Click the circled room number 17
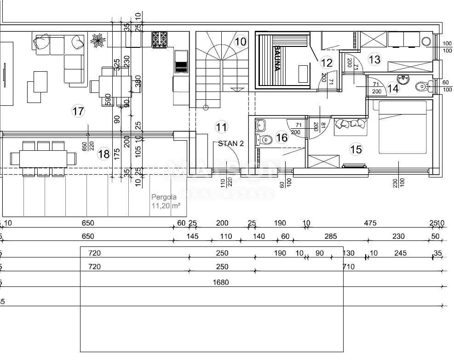click(78, 111)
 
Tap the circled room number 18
click(104, 154)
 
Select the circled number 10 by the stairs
click(240, 42)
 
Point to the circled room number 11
click(221, 126)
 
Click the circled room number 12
click(326, 63)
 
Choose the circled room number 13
click(374, 59)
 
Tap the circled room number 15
click(356, 149)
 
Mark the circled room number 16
click(282, 137)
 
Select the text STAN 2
click(230, 143)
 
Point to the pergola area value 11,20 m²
click(166, 206)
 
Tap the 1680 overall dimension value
click(221, 282)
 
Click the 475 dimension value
click(370, 223)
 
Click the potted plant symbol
click(98, 40)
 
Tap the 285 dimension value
click(330, 237)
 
